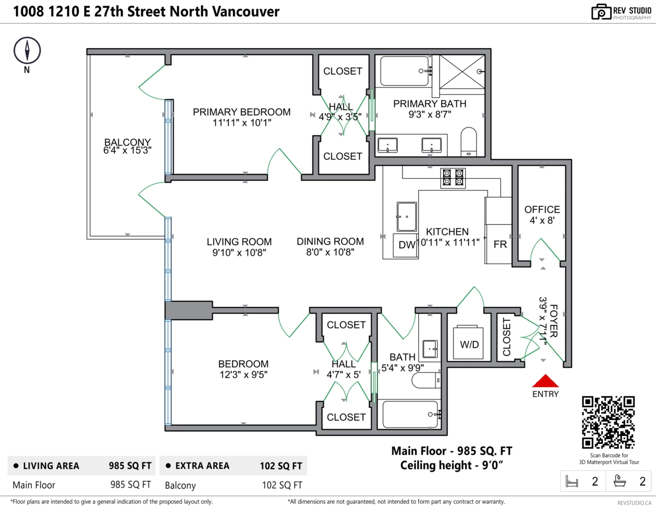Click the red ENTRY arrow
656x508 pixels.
pyautogui.click(x=545, y=382)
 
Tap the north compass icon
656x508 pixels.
pyautogui.click(x=26, y=50)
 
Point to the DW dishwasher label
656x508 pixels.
pyautogui.click(x=407, y=245)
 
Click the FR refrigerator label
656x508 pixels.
pyautogui.click(x=500, y=245)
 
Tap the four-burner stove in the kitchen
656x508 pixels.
pyautogui.click(x=453, y=178)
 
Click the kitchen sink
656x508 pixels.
pyautogui.click(x=407, y=217)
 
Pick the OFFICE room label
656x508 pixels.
pyautogui.click(x=542, y=209)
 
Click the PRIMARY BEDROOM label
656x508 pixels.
pyautogui.click(x=242, y=112)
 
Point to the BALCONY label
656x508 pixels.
pyautogui.click(x=127, y=143)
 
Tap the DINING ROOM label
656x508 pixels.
pyautogui.click(x=330, y=241)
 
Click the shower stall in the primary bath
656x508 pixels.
pyautogui.click(x=462, y=71)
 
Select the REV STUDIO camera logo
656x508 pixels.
pyautogui.click(x=601, y=12)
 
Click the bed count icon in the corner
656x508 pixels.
pyautogui.click(x=572, y=482)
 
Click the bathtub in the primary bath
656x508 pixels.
pyautogui.click(x=404, y=71)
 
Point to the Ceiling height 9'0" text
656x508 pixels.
pyautogui.click(x=452, y=465)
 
